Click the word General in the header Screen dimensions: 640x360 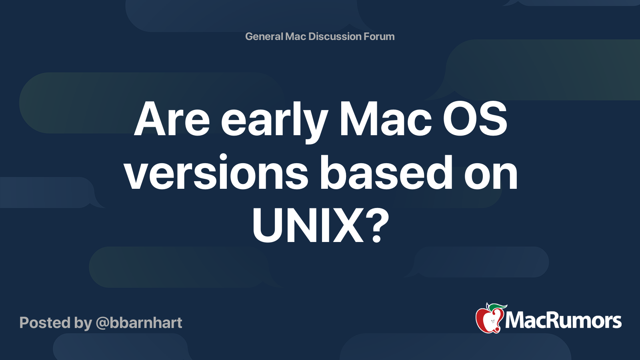264,36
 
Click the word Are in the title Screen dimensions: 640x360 172,119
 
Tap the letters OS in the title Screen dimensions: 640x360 475,119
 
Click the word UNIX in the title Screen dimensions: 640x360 308,225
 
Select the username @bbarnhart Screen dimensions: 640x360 139,323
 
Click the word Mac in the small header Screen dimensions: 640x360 296,36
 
